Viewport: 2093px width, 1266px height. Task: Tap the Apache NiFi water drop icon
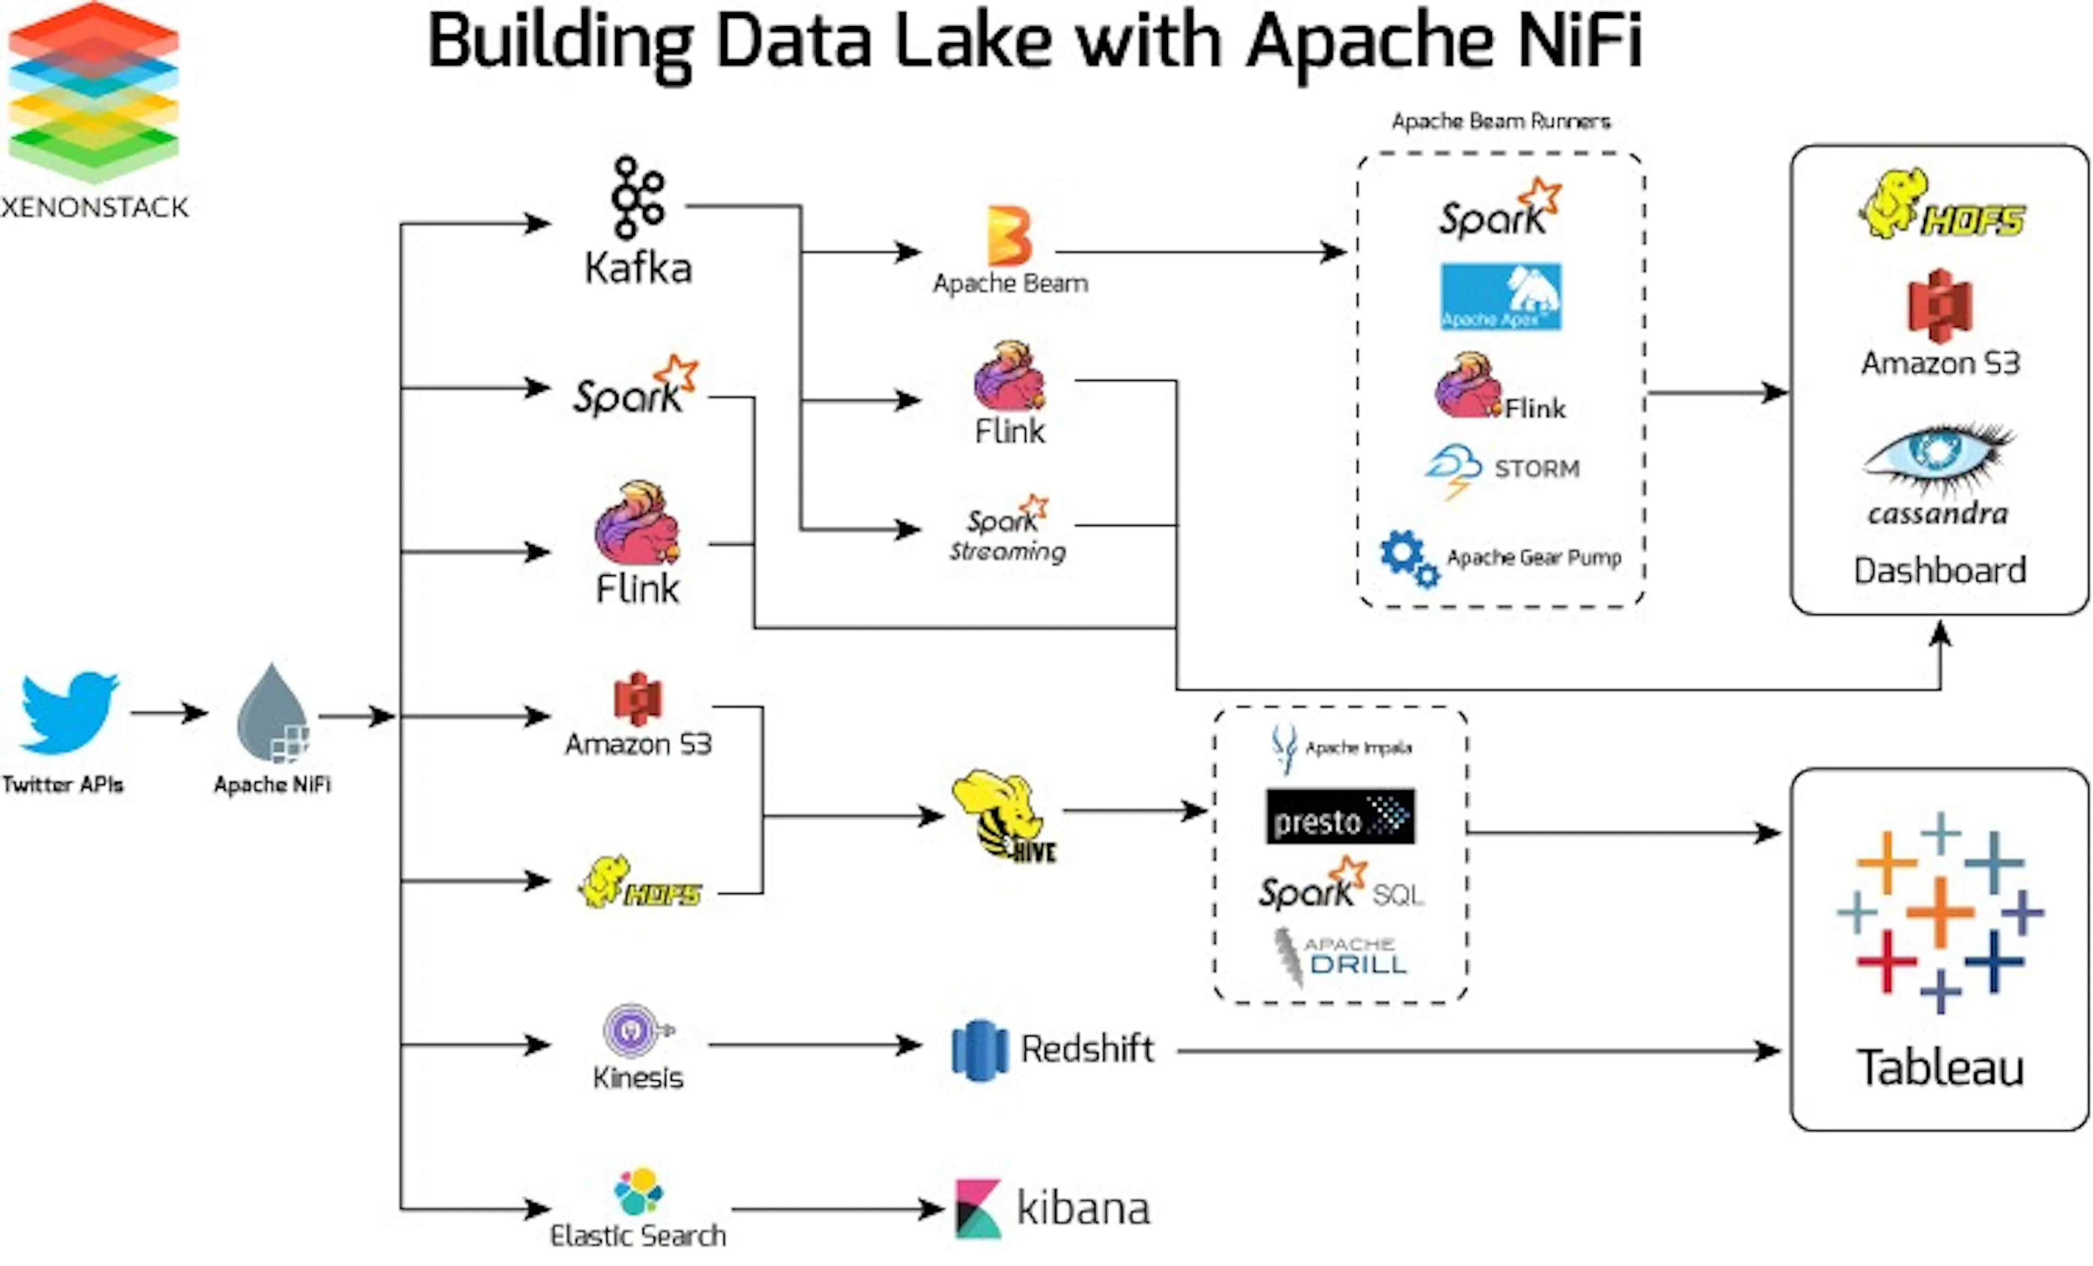273,713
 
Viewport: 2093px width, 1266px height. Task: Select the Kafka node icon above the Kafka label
638,197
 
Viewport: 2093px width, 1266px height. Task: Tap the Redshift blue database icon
980,1050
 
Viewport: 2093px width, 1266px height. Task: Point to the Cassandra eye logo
1938,459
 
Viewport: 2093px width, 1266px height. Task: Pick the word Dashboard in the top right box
1940,570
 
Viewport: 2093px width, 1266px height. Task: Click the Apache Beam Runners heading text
1501,121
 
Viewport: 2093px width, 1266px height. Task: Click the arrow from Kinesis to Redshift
815,1045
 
